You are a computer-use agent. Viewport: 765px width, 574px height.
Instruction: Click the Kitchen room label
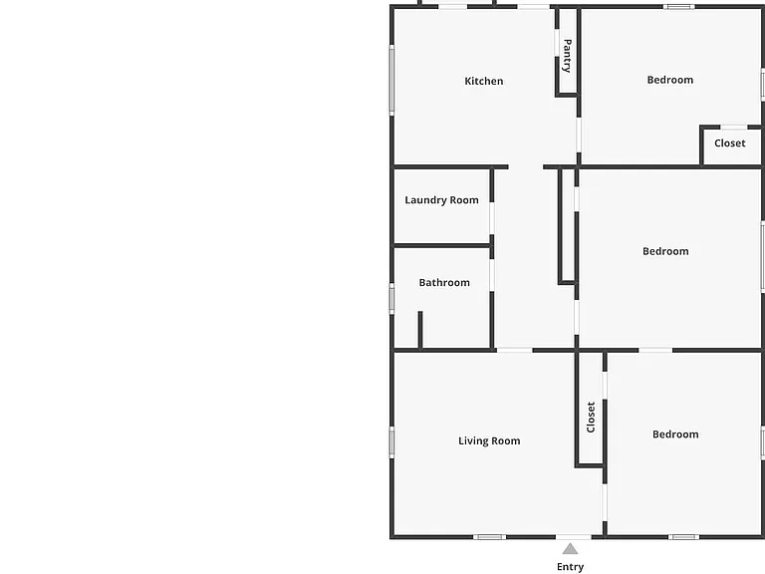point(483,81)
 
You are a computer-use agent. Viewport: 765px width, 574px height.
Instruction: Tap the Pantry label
point(568,56)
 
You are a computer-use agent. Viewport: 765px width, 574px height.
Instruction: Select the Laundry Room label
point(441,200)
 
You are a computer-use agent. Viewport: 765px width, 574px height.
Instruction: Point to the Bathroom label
point(444,283)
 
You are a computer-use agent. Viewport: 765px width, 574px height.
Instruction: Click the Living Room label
point(489,440)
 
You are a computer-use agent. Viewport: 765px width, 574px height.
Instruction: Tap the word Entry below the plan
point(570,567)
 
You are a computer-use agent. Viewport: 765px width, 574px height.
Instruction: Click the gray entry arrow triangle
point(570,550)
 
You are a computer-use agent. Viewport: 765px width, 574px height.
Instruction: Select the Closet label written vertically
point(591,417)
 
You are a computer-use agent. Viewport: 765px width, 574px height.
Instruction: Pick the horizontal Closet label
point(730,143)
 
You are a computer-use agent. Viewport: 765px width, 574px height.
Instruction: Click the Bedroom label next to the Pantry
point(669,80)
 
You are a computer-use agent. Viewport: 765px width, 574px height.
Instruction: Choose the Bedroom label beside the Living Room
point(675,433)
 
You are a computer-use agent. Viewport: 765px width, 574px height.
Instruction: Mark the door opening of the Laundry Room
point(492,218)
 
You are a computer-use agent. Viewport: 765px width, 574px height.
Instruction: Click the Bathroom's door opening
point(492,275)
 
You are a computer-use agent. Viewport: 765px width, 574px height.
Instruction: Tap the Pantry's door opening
point(557,43)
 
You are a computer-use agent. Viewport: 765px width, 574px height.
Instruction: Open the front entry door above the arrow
point(574,537)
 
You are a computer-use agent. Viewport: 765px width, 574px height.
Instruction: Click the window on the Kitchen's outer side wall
point(391,80)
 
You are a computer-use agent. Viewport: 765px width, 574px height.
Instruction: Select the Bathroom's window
point(391,299)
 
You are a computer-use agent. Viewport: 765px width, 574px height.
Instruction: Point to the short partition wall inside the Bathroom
point(420,331)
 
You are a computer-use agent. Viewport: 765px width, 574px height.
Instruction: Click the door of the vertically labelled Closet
point(605,386)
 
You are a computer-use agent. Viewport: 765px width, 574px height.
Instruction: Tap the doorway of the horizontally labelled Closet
point(734,128)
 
